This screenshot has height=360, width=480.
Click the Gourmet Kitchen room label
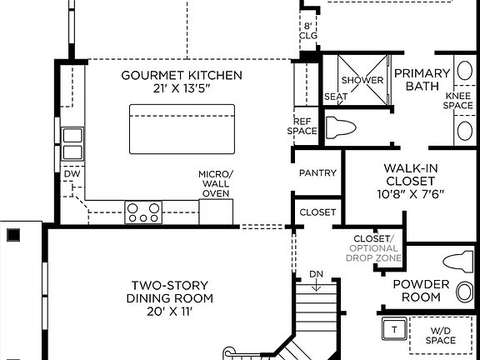[182, 75]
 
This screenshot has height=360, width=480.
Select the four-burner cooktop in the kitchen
[142, 212]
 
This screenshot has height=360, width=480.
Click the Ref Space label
[303, 126]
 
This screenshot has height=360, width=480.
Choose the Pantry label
[317, 173]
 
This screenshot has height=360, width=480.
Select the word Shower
[362, 80]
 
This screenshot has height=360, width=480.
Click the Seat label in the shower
[335, 96]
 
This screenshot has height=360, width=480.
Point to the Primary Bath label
[422, 79]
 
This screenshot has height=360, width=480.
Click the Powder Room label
[421, 291]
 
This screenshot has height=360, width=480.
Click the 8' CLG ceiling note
[308, 31]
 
